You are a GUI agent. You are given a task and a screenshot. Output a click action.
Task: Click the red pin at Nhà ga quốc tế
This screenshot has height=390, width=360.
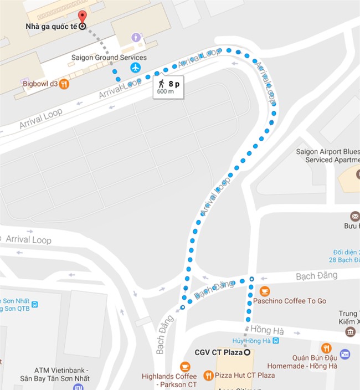pyautogui.click(x=82, y=16)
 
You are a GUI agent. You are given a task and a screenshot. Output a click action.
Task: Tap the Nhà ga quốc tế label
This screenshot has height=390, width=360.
pyautogui.click(x=53, y=26)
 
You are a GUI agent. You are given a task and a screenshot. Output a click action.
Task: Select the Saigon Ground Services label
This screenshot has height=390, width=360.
pyautogui.click(x=109, y=57)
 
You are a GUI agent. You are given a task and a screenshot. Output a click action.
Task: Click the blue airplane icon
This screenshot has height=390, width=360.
pyautogui.click(x=136, y=68)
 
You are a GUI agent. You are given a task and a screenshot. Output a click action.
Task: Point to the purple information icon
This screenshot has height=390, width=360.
pyautogui.click(x=136, y=37)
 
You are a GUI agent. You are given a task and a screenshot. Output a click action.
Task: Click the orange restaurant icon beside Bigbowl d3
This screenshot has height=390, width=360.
pyautogui.click(x=65, y=84)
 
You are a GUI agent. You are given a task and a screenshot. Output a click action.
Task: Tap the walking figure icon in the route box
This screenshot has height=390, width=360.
pyautogui.click(x=161, y=84)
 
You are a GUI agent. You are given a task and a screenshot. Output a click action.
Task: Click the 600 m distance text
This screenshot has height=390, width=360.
pyautogui.click(x=165, y=92)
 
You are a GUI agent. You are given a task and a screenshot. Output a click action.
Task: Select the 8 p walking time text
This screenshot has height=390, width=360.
pyautogui.click(x=175, y=84)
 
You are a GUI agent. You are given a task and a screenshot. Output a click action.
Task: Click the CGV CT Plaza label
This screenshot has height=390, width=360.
pyautogui.click(x=219, y=352)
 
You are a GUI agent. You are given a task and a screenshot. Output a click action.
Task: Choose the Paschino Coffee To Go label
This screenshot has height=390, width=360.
pyautogui.click(x=290, y=301)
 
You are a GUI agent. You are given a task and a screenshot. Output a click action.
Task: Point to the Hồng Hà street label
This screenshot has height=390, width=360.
pyautogui.click(x=267, y=330)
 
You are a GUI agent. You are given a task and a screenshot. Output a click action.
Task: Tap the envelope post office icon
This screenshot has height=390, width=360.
pyautogui.click(x=354, y=216)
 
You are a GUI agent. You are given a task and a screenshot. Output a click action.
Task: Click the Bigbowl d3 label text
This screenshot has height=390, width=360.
pyautogui.click(x=40, y=84)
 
